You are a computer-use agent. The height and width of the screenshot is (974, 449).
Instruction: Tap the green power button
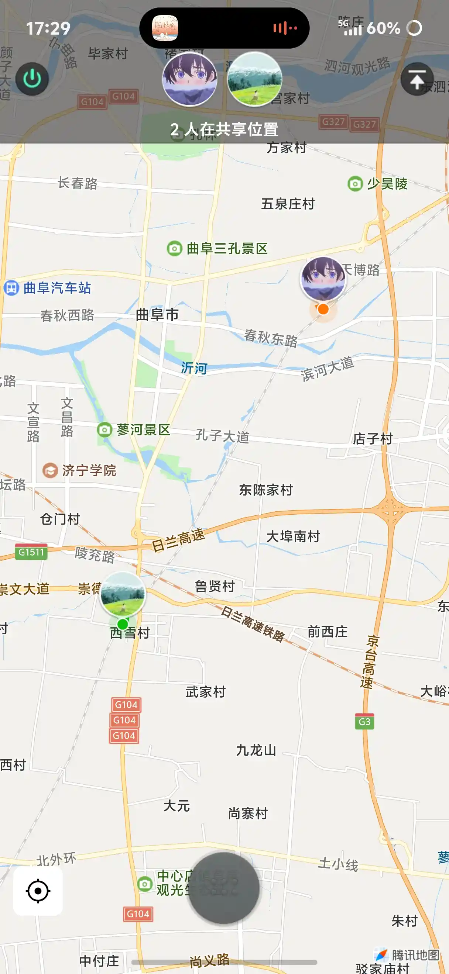(x=32, y=79)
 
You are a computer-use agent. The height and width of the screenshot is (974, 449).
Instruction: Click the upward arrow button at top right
(x=417, y=79)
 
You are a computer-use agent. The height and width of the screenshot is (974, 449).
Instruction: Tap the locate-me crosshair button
(x=38, y=891)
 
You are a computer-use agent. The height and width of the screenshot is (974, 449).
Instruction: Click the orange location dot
(x=323, y=309)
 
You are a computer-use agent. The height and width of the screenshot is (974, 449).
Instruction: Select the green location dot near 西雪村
(x=123, y=624)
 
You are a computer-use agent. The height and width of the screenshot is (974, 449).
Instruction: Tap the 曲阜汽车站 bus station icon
(x=11, y=288)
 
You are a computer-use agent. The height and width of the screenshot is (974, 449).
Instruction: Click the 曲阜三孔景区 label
(x=227, y=248)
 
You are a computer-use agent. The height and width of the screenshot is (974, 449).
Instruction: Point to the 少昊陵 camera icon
(x=355, y=184)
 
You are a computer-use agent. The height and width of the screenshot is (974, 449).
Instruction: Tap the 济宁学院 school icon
(x=50, y=471)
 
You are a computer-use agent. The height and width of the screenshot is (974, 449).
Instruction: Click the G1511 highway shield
(x=31, y=552)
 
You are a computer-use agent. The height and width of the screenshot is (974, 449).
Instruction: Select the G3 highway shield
(x=364, y=722)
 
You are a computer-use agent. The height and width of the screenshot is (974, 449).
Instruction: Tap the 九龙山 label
(x=256, y=750)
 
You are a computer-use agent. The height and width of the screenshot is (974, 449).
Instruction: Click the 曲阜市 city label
(x=157, y=314)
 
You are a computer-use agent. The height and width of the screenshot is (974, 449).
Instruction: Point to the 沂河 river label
(x=194, y=368)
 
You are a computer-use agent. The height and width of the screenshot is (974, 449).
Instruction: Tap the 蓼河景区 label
(x=143, y=429)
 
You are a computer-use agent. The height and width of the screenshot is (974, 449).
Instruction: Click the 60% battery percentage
(x=383, y=28)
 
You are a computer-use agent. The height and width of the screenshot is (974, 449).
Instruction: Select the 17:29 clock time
(x=48, y=28)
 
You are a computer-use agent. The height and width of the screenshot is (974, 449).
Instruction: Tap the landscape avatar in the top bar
(x=254, y=79)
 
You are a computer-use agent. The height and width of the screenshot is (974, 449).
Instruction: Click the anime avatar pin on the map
(x=323, y=279)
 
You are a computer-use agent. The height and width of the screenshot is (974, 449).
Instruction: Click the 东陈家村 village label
(x=266, y=490)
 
